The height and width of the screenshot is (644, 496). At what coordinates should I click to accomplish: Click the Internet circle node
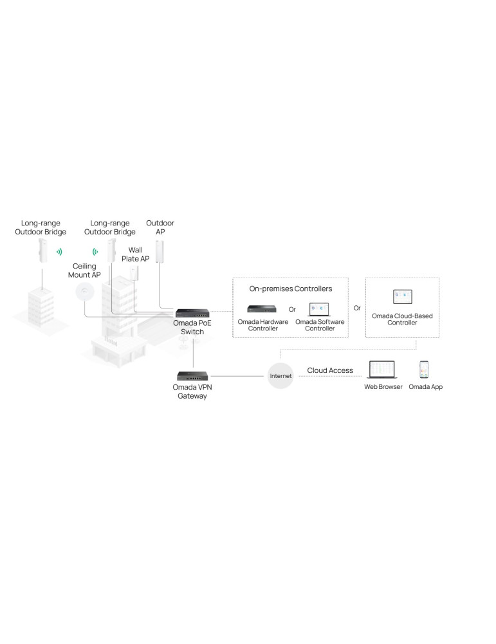pyautogui.click(x=280, y=375)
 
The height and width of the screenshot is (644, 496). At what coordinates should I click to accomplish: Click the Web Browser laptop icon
pyautogui.click(x=383, y=370)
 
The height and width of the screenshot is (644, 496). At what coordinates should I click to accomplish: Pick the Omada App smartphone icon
pyautogui.click(x=425, y=369)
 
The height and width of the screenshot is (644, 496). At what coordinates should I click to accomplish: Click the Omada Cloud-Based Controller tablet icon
pyautogui.click(x=403, y=296)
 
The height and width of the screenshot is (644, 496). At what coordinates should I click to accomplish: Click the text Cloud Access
pyautogui.click(x=330, y=370)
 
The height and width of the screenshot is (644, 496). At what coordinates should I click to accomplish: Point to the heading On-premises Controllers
pyautogui.click(x=291, y=289)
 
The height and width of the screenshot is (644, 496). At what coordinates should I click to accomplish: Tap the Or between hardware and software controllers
pyautogui.click(x=291, y=309)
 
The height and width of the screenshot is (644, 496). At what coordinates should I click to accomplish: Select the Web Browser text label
pyautogui.click(x=383, y=387)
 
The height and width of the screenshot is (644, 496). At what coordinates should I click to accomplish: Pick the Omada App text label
pyautogui.click(x=426, y=387)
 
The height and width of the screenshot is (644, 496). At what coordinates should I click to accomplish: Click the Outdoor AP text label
pyautogui.click(x=160, y=227)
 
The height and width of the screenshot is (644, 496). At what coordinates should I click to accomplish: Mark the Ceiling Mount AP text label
pyautogui.click(x=84, y=270)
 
